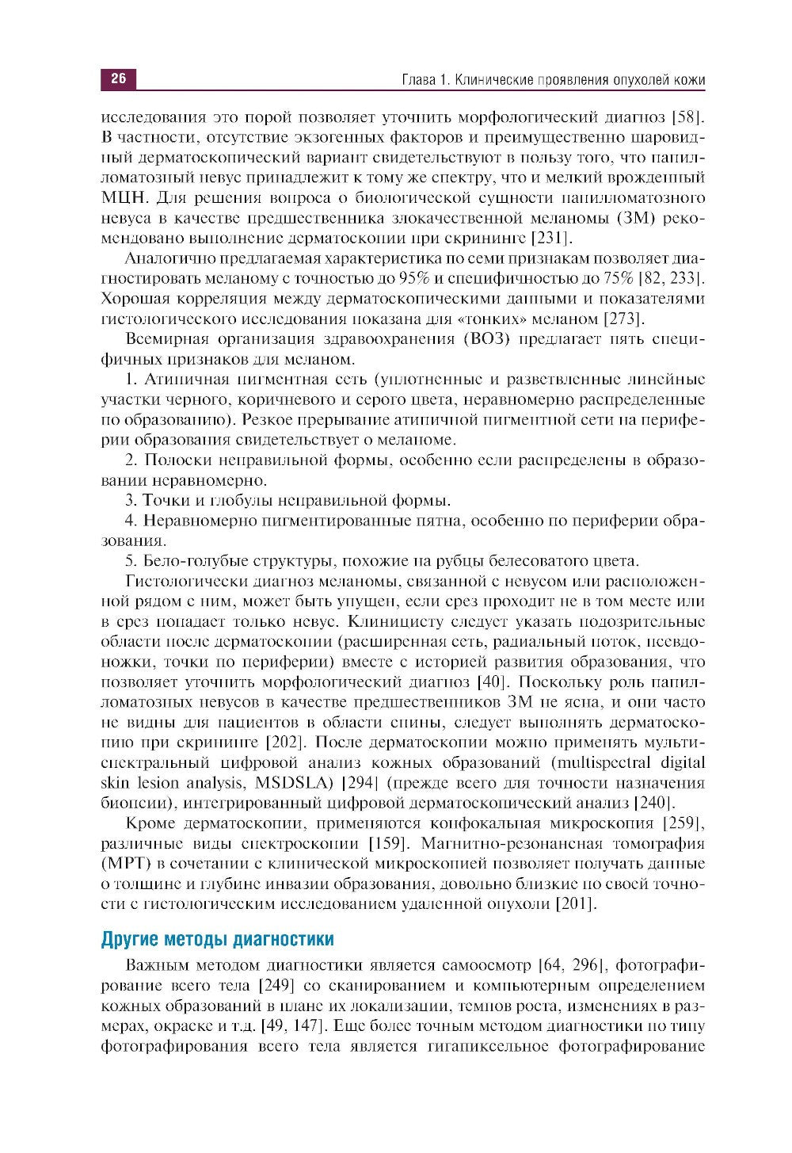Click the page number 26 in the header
pyautogui.click(x=118, y=79)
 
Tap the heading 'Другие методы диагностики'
pyautogui.click(x=217, y=940)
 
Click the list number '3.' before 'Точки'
pyautogui.click(x=132, y=501)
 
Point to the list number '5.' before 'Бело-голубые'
pyautogui.click(x=132, y=561)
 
